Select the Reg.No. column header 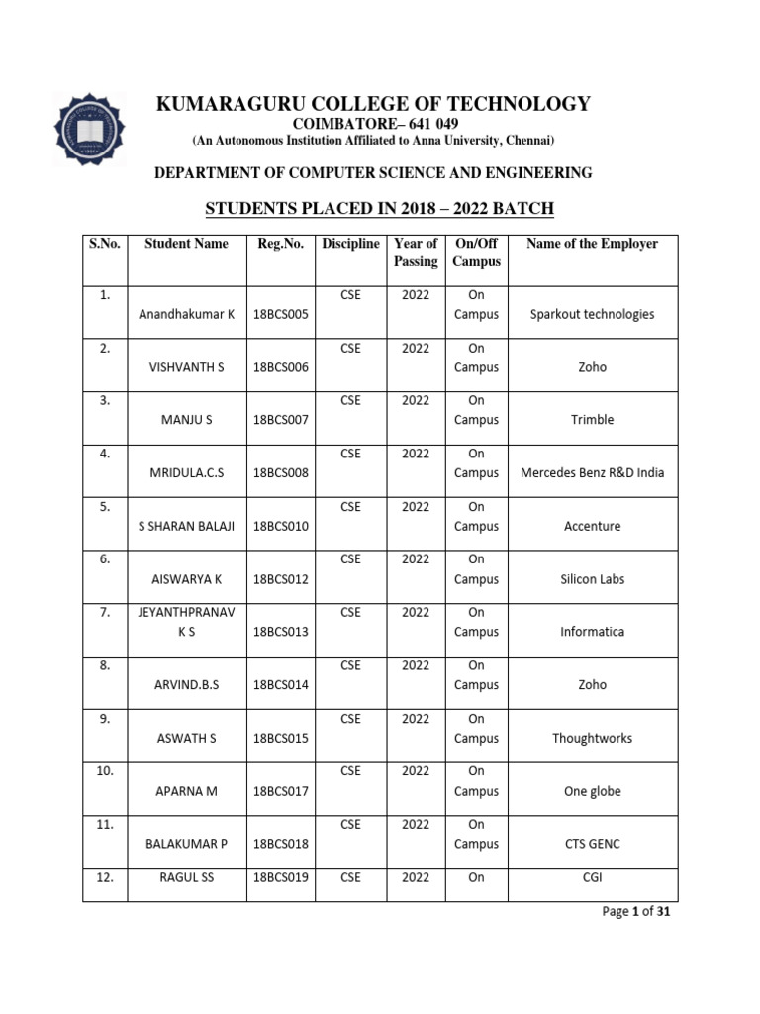tap(280, 244)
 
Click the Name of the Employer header tap(592, 244)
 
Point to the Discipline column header tap(350, 244)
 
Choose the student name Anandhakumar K tap(187, 314)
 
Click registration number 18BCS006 tap(281, 367)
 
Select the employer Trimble tap(592, 420)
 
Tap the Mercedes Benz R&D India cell tap(592, 473)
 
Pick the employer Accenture tap(592, 526)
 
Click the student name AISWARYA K tap(187, 579)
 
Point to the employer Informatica tap(592, 632)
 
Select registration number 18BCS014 tap(281, 685)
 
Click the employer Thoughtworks tap(592, 738)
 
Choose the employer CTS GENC tap(592, 844)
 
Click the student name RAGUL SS tap(187, 877)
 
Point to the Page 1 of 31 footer tap(637, 912)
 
